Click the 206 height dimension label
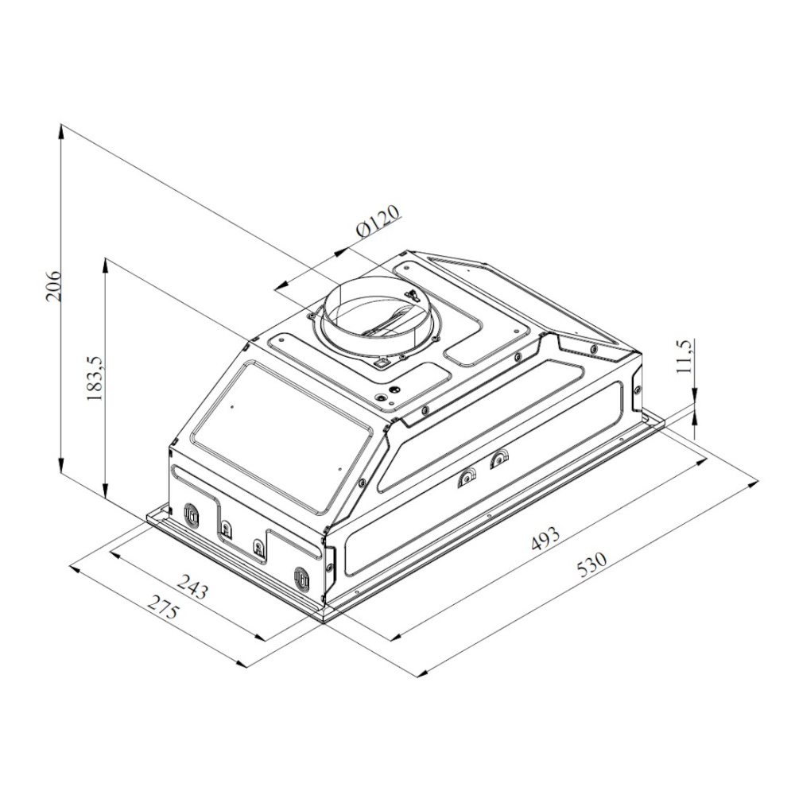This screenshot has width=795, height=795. (x=53, y=285)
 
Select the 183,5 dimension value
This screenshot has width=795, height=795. (x=95, y=377)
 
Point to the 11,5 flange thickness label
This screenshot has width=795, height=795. (x=684, y=356)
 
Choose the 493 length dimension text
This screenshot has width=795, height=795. (x=546, y=538)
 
